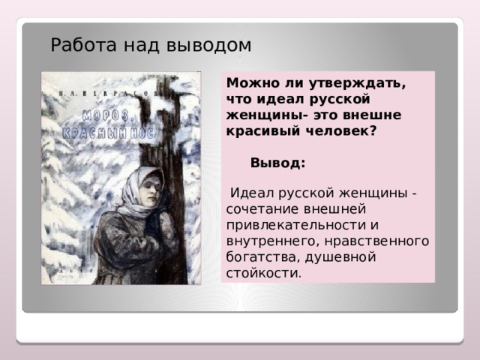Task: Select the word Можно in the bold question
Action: coord(250,83)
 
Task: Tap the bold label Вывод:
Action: coord(277,163)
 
